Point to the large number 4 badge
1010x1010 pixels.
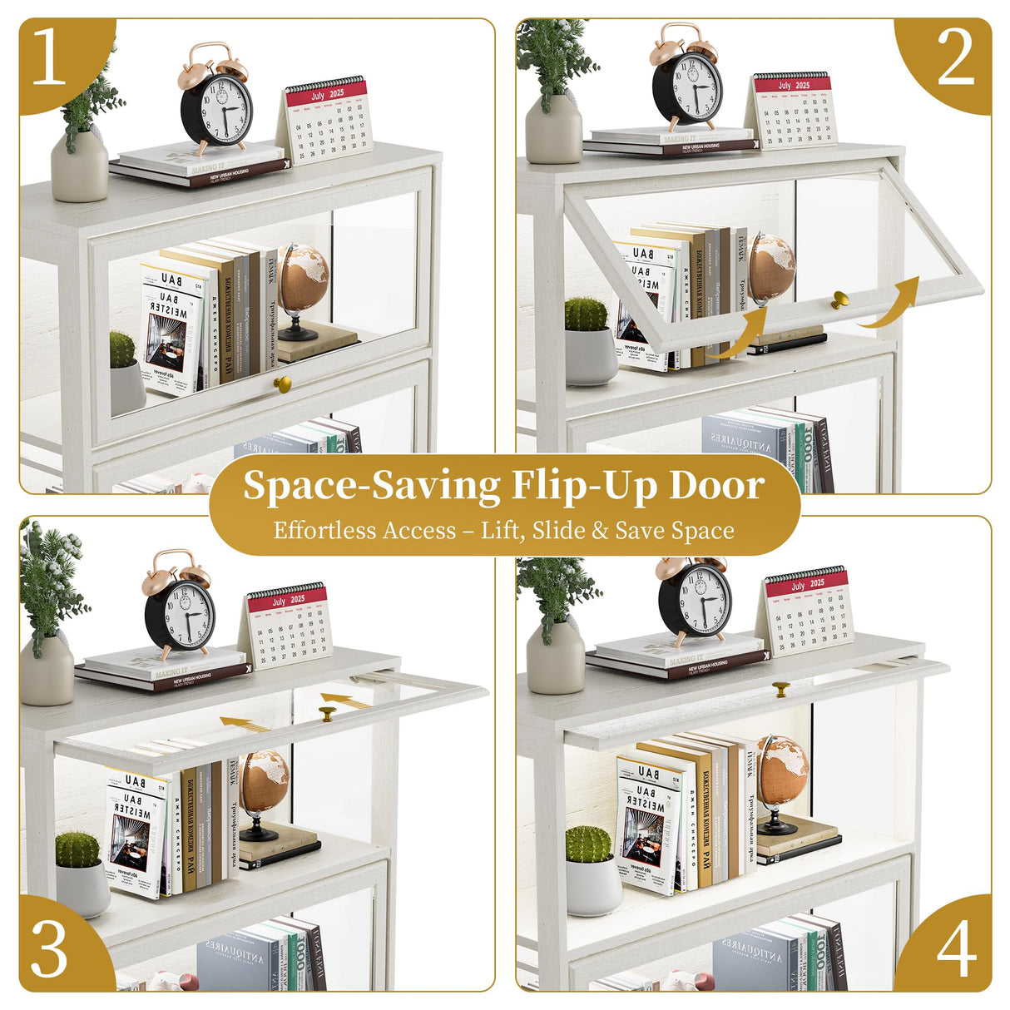(x=956, y=948)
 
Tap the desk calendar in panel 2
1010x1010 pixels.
(x=795, y=110)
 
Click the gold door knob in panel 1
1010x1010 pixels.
(x=283, y=384)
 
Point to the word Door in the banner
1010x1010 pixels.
(x=716, y=486)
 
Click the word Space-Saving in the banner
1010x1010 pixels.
(x=372, y=486)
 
